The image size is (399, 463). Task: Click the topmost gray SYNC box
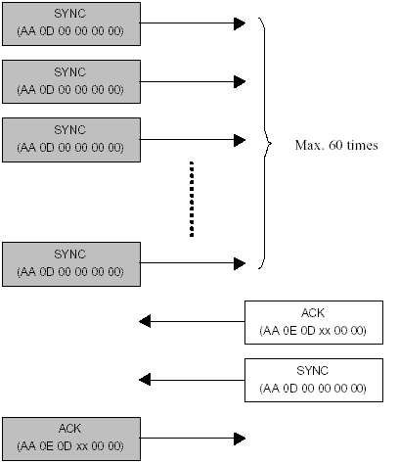point(71,23)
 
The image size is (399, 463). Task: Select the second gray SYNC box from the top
point(71,81)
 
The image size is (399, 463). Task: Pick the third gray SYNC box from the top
point(71,140)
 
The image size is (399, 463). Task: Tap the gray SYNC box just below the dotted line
point(71,264)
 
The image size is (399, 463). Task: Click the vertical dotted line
point(192,199)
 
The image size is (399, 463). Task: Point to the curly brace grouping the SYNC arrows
point(264,143)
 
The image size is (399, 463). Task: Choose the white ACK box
point(314,322)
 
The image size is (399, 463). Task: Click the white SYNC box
point(314,380)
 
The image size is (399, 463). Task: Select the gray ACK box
point(71,439)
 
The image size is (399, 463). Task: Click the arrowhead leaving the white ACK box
point(145,321)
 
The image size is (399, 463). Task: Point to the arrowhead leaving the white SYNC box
point(145,380)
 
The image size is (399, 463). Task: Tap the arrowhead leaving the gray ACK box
point(240,439)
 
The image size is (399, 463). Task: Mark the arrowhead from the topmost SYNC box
point(240,23)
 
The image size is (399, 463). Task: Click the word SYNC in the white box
point(312,371)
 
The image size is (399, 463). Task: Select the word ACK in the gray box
point(69,429)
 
